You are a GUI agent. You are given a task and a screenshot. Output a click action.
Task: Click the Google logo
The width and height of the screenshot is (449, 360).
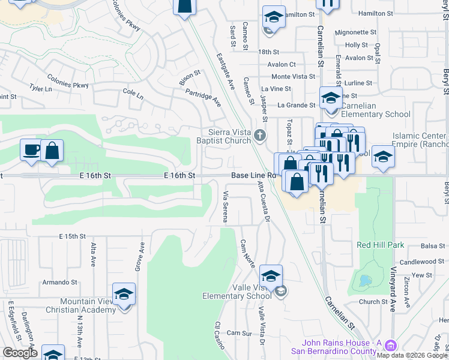coord(20,353)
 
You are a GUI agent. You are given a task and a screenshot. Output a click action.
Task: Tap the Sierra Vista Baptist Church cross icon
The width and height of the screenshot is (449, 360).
coord(259,135)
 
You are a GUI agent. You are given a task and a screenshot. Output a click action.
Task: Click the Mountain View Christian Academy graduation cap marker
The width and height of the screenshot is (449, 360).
coord(124,295)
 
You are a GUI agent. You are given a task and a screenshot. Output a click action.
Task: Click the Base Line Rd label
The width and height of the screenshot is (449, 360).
coord(253,175)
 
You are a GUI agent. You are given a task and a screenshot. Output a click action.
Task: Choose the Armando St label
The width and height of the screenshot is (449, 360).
coord(61,282)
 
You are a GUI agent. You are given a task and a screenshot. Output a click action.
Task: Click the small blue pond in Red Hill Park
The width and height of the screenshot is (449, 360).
coord(363,281)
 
